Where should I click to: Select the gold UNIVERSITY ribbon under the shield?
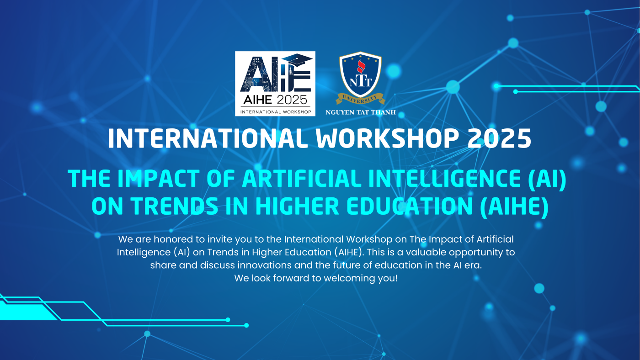pos(360,99)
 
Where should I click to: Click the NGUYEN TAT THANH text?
pos(361,112)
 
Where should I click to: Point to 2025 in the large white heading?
pos(499,138)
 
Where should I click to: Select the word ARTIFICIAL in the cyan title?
pos(302,179)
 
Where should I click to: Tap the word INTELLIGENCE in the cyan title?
pos(444,179)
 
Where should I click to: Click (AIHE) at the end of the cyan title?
pos(514,206)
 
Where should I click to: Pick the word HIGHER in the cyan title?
pos(297,206)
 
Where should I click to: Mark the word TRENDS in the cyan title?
pos(175,206)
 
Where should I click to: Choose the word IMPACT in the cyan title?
pos(158,179)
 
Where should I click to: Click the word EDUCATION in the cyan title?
pos(410,206)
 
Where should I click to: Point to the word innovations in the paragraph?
pos(264,265)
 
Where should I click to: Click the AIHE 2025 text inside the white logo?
pos(275,100)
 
